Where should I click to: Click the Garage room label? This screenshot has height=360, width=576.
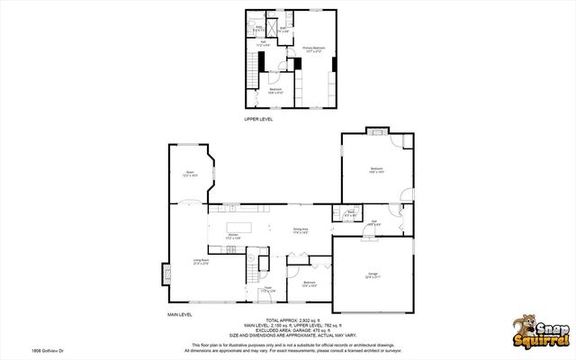click(372, 274)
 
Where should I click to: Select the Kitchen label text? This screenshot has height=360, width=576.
click(233, 236)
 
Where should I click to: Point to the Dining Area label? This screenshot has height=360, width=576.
click(301, 230)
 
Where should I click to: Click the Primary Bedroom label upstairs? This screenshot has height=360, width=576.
click(312, 49)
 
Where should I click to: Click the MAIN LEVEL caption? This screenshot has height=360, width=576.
click(181, 314)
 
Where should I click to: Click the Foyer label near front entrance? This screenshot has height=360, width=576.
click(266, 290)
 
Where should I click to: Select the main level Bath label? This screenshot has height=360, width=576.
click(349, 214)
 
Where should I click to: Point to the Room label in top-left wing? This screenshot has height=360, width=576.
click(190, 174)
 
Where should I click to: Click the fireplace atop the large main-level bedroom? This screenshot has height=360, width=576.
click(375, 132)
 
